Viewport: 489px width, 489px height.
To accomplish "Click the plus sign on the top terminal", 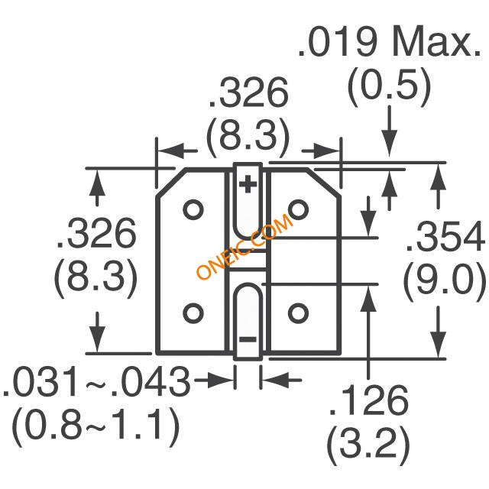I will (248, 184).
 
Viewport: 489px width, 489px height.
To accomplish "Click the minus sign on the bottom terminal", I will (248, 338).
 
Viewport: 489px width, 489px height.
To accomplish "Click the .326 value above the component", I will (248, 95).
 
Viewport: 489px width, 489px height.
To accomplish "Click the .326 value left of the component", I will (96, 234).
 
